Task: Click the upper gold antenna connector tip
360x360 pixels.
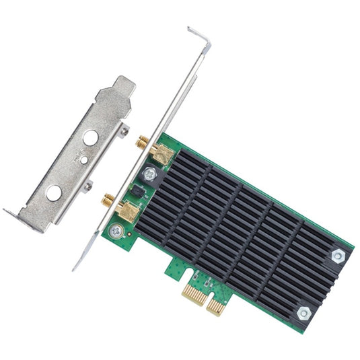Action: coord(142,141)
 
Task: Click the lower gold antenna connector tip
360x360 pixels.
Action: coord(107,199)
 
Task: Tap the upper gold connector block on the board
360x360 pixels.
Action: coord(161,154)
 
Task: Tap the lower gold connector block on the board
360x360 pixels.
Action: coord(127,212)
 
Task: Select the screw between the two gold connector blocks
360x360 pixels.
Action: coord(149,174)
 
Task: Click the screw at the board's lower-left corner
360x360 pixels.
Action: coord(116,230)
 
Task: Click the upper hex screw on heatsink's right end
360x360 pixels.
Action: coord(337,256)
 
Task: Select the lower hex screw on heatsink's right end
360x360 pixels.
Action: coord(304,313)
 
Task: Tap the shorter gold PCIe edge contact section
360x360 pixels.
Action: coord(215,306)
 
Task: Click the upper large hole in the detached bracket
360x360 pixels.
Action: coord(89,138)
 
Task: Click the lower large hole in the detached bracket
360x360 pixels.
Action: coord(53,192)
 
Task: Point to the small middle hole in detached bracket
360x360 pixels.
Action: coord(82,160)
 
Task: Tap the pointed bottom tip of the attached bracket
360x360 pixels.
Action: coord(76,267)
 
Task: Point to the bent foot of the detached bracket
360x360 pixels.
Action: coord(16,217)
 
